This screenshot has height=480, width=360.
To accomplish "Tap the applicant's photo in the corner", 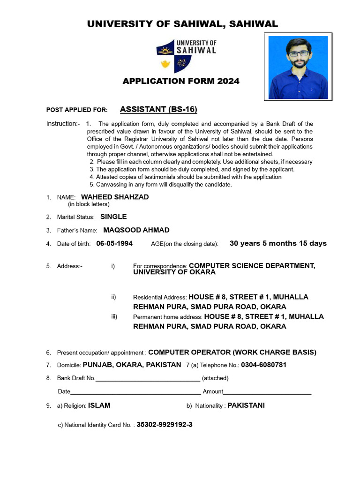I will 298,67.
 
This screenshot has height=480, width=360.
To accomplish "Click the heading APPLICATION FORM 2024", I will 181,81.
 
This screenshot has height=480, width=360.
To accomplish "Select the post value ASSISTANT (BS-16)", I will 158,110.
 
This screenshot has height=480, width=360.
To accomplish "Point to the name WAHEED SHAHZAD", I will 115,197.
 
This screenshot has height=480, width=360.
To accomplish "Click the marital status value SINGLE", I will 113,217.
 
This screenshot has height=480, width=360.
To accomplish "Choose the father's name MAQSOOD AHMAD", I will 136,230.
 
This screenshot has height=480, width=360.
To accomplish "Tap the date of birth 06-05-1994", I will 114,244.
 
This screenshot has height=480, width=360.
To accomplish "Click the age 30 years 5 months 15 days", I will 278,243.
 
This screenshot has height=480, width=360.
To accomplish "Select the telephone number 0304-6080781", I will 264,365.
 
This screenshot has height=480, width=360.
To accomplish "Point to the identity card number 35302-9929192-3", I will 165,425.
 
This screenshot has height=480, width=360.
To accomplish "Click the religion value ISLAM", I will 99,405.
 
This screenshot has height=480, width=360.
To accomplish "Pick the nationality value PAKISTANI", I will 246,405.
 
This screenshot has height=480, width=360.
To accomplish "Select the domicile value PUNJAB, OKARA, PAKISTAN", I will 132,365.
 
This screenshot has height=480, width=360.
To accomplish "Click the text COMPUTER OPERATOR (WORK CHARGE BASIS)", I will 232,352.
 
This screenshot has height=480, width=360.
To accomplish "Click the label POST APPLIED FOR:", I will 77,110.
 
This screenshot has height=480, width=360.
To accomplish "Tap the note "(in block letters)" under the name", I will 89,204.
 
